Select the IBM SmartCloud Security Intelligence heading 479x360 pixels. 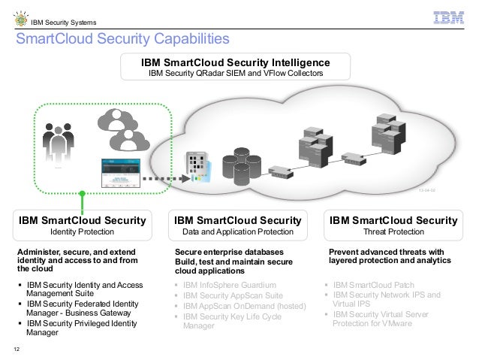tap(236, 62)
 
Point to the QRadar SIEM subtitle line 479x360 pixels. tap(236, 74)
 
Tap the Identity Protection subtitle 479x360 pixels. tap(83, 232)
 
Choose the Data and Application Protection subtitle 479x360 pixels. tap(237, 232)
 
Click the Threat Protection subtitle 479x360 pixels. tap(394, 232)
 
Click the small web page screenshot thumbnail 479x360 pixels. tap(121, 174)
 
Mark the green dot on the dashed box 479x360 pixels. tap(83, 195)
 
